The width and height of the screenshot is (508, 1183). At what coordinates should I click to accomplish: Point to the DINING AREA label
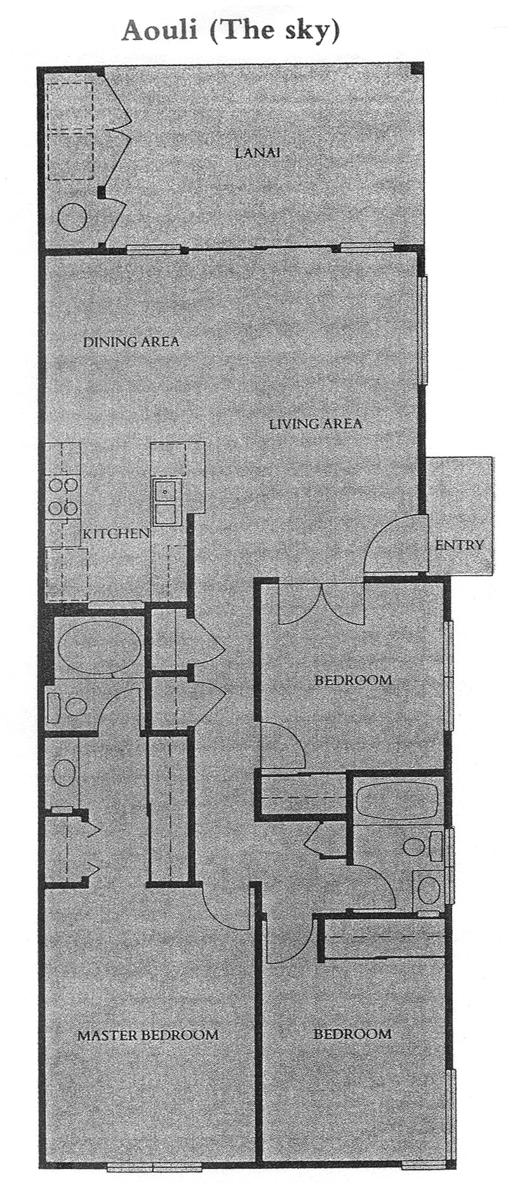tap(131, 341)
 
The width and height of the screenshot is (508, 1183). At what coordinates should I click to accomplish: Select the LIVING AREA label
tap(316, 423)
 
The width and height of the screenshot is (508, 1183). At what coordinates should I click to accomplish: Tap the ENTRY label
tap(460, 545)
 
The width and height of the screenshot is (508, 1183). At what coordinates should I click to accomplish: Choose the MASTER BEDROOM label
tap(148, 1035)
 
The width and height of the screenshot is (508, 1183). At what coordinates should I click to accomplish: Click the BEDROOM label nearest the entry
tap(353, 680)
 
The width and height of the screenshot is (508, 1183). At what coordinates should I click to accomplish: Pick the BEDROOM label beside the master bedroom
tap(352, 1034)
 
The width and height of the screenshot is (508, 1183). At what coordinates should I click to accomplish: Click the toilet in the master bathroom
tap(69, 706)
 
